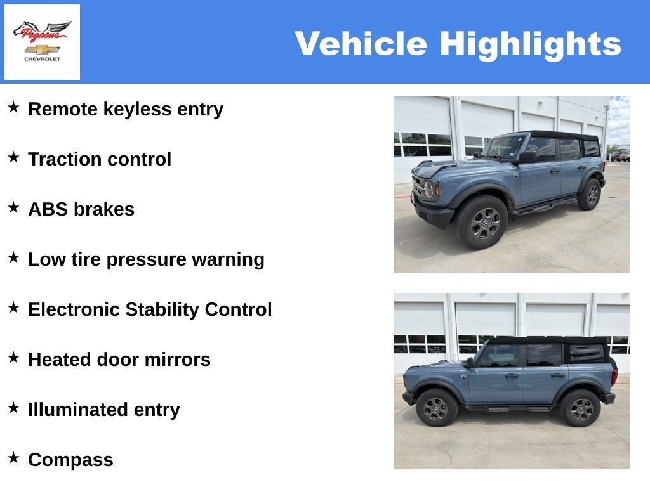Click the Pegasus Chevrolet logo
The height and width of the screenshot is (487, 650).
pos(42,42)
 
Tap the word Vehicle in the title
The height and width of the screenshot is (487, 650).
pos(361,44)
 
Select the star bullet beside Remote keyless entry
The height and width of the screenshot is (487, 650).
pos(13,108)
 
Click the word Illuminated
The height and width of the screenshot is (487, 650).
pos(77,410)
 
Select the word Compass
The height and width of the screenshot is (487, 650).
pos(70,460)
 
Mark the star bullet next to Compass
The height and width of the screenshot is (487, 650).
pos(13,458)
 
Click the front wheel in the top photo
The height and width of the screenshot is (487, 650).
pos(482,223)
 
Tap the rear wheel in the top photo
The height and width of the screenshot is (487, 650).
pos(590,194)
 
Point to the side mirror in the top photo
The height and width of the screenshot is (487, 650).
pos(526,157)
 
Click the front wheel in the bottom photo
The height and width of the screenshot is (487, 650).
pos(437,408)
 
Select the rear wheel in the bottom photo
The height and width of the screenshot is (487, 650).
pos(580,408)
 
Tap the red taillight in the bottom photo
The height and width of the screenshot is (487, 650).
pos(614,377)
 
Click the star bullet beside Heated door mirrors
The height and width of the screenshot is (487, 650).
pos(13,358)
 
